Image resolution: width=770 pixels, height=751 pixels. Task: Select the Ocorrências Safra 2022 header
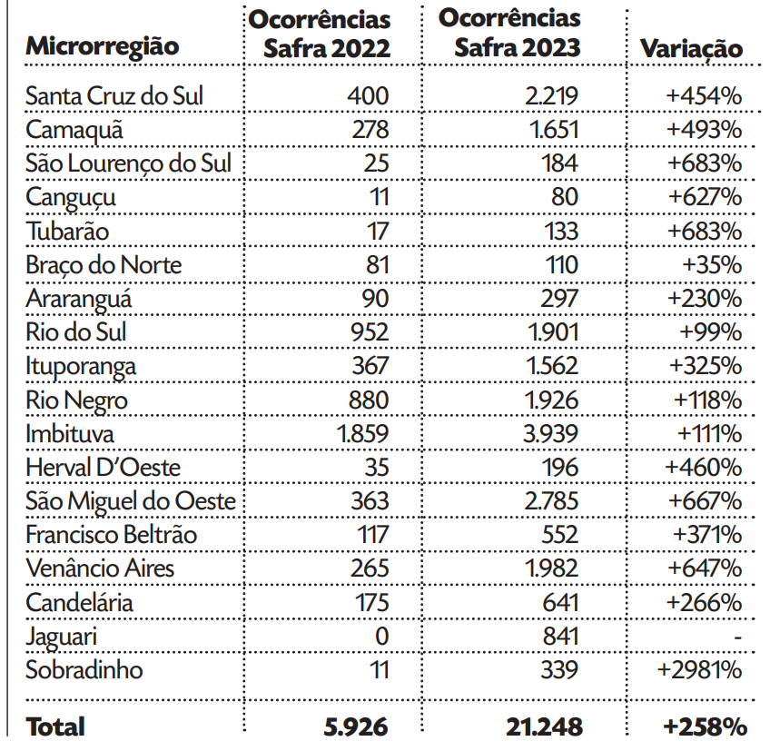320,34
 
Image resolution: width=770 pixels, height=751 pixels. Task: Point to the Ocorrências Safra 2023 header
509,33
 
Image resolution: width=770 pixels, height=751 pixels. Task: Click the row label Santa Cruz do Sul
114,96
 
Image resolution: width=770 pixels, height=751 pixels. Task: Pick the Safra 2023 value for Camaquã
554,130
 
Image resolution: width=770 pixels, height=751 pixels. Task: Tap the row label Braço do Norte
104,264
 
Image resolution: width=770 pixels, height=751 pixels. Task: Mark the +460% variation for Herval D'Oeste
704,467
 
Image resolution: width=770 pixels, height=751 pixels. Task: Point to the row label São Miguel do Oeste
131,500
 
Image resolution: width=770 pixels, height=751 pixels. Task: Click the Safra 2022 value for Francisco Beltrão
372,534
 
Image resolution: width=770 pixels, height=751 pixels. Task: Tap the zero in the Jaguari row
381,636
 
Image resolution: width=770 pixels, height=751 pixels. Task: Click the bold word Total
55,726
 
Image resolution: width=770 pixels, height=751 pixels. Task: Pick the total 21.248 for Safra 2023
544,726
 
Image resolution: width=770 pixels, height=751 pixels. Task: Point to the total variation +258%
705,726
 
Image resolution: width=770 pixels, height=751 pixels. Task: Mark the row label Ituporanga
81,366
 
